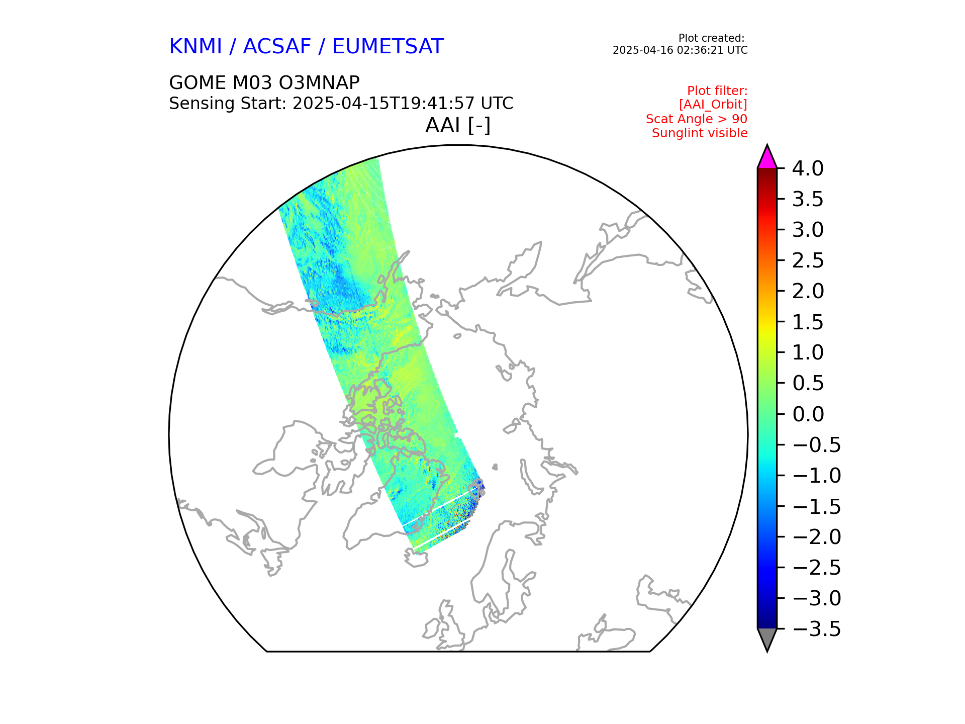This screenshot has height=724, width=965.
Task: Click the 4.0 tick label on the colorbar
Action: tap(808, 169)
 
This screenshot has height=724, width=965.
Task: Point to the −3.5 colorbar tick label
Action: tap(816, 629)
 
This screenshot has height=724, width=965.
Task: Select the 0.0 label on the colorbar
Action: tap(808, 414)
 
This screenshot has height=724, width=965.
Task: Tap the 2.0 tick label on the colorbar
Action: tap(808, 292)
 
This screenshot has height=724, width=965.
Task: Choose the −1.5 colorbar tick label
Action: tap(816, 507)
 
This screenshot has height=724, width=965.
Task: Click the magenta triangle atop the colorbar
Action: tap(767, 157)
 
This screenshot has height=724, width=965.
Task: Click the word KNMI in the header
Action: tap(196, 47)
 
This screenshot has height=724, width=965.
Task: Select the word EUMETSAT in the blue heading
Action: tap(388, 47)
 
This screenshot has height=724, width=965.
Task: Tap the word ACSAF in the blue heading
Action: tap(277, 47)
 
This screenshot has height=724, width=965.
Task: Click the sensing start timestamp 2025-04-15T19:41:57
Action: tap(383, 104)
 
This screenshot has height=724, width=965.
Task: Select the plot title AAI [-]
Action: tap(458, 125)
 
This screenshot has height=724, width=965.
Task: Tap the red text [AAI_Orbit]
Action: tap(713, 105)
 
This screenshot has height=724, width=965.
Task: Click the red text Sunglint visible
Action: tap(700, 133)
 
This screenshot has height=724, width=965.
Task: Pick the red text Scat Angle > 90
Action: tap(697, 119)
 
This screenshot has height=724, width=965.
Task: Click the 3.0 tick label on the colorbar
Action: tap(808, 230)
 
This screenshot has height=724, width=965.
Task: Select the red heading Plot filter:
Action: tap(717, 91)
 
